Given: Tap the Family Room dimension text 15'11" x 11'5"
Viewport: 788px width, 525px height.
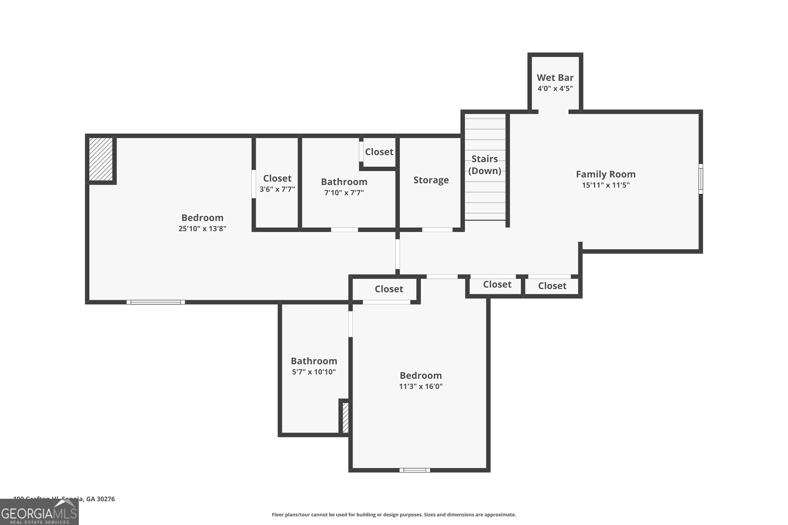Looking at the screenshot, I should (x=605, y=185).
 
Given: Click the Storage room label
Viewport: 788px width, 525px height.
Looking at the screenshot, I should (x=431, y=180).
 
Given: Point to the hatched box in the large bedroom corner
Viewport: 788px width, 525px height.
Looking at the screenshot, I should (x=101, y=159).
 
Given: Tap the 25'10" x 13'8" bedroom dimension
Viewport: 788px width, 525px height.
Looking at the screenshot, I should (x=202, y=229).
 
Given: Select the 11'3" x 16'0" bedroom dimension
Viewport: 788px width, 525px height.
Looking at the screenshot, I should (x=421, y=386).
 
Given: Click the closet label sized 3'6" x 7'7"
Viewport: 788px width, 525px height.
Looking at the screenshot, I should (x=277, y=178).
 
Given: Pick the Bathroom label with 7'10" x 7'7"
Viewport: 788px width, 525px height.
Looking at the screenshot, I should (x=344, y=182).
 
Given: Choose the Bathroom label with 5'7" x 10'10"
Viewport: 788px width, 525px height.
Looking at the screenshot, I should (x=314, y=361).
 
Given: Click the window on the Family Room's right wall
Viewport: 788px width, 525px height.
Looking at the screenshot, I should (x=700, y=179).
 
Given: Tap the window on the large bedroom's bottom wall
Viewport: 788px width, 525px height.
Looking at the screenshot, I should (x=155, y=302).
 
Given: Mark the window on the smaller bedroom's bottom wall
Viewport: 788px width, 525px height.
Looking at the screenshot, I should (x=414, y=470).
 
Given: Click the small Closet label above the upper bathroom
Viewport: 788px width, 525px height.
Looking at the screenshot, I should (x=379, y=152).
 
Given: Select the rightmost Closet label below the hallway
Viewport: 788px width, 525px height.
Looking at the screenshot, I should (x=552, y=286).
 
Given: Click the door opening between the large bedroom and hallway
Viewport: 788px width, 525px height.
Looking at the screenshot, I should (x=397, y=254).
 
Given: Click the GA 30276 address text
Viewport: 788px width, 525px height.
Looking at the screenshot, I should (x=100, y=499).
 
